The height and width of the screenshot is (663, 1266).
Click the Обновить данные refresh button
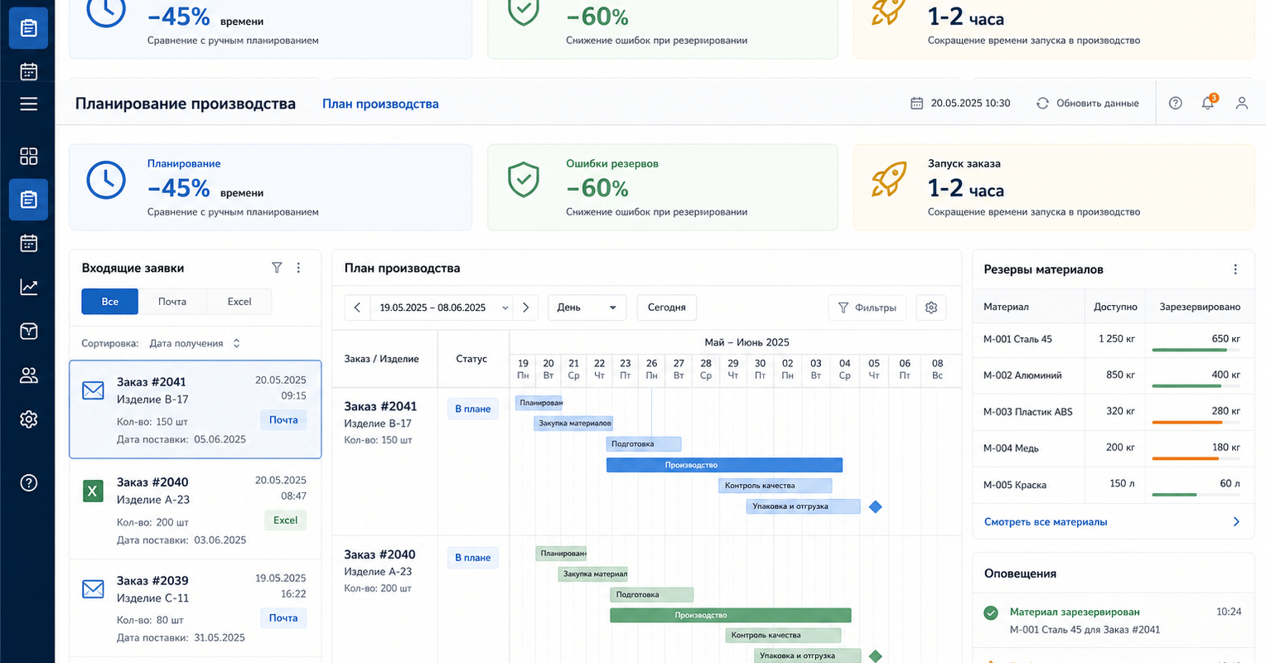(1087, 104)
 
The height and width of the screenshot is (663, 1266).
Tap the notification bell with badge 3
(1208, 102)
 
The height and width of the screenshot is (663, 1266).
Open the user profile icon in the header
(1242, 103)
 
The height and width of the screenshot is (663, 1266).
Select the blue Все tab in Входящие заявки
(109, 302)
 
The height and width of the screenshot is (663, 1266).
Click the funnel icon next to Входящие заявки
(277, 268)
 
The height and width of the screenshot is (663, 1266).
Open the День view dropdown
(587, 307)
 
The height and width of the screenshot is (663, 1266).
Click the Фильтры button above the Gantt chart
(867, 307)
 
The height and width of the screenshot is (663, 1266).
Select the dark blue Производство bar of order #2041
(724, 465)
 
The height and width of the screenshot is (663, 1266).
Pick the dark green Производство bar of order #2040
(730, 615)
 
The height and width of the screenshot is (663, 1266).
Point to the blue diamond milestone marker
(876, 506)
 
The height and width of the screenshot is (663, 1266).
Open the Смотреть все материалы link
(1046, 521)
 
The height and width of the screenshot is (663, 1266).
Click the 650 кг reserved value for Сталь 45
(1225, 339)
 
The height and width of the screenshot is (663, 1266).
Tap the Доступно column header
(1115, 307)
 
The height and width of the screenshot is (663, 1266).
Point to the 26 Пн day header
(652, 369)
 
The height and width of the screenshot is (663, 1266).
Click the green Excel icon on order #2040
(94, 491)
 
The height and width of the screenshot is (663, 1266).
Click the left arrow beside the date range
(357, 307)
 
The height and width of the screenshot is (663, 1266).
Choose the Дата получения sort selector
(195, 343)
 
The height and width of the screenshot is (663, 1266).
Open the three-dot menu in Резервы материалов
(1235, 269)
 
